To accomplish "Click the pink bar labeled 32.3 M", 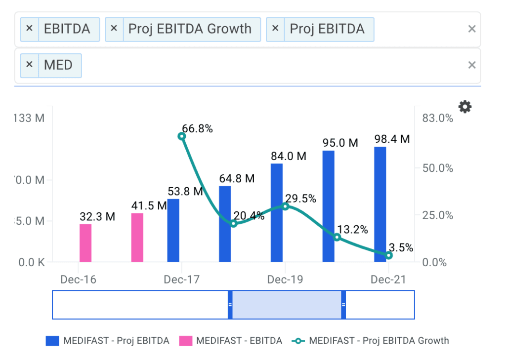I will (85, 243).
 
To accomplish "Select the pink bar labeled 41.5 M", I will (137, 238).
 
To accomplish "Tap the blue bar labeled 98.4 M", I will (380, 204).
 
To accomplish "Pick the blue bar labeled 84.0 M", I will (277, 212).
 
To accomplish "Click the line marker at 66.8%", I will (182, 136).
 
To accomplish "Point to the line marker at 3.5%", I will (389, 255).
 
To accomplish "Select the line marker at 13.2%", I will (337, 237).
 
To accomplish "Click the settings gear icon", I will (465, 107).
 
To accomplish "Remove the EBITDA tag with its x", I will (29, 29).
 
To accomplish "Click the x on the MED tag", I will (29, 65).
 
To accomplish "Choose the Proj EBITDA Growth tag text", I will (190, 29).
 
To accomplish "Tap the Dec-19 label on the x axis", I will (285, 280).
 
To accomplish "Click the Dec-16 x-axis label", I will (79, 280).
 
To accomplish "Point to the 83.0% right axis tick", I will (437, 118).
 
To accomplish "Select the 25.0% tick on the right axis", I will (437, 215).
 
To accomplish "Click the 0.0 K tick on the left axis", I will (31, 262).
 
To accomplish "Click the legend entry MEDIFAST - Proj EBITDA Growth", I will (379, 340).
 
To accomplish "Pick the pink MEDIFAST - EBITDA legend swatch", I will (185, 340).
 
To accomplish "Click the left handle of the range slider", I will (230, 305).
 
